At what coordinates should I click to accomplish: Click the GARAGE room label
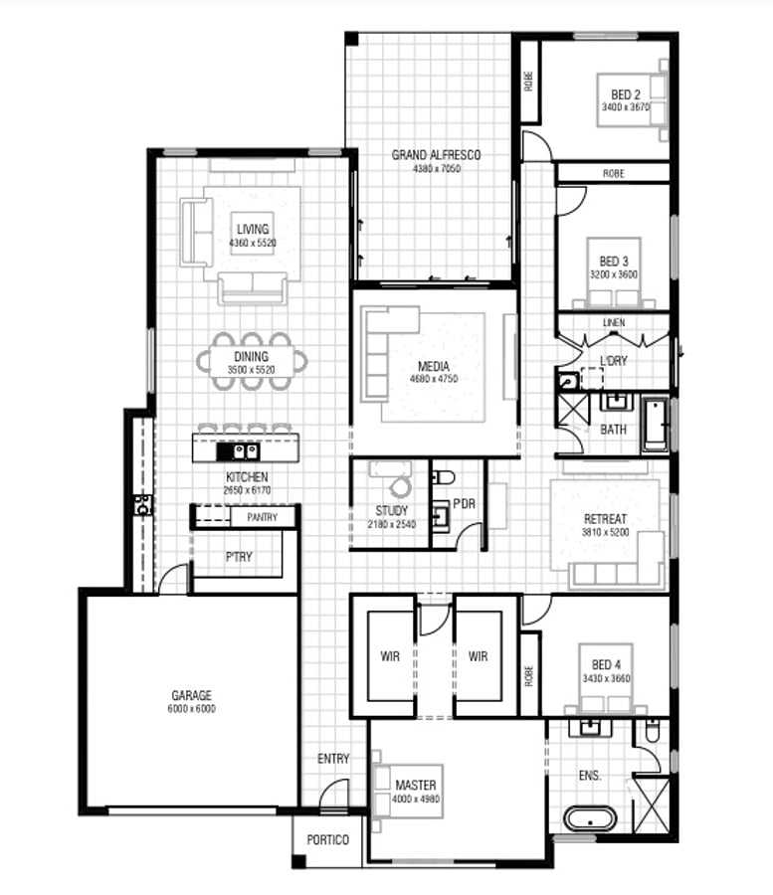tap(191, 695)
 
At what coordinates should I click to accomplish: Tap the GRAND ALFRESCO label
tap(436, 155)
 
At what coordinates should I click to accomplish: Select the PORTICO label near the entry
tap(327, 840)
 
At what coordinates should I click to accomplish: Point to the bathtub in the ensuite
tap(589, 820)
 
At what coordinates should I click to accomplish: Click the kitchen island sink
tap(245, 451)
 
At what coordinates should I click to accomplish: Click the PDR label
tap(464, 503)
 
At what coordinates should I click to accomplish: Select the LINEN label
tap(613, 324)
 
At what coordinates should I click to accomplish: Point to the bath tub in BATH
tap(655, 425)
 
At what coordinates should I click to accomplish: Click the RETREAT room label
tap(605, 519)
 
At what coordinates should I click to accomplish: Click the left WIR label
tap(390, 656)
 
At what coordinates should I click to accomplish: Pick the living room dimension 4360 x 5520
tap(252, 243)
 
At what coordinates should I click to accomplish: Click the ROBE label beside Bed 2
tap(528, 82)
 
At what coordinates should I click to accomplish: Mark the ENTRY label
tap(333, 759)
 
